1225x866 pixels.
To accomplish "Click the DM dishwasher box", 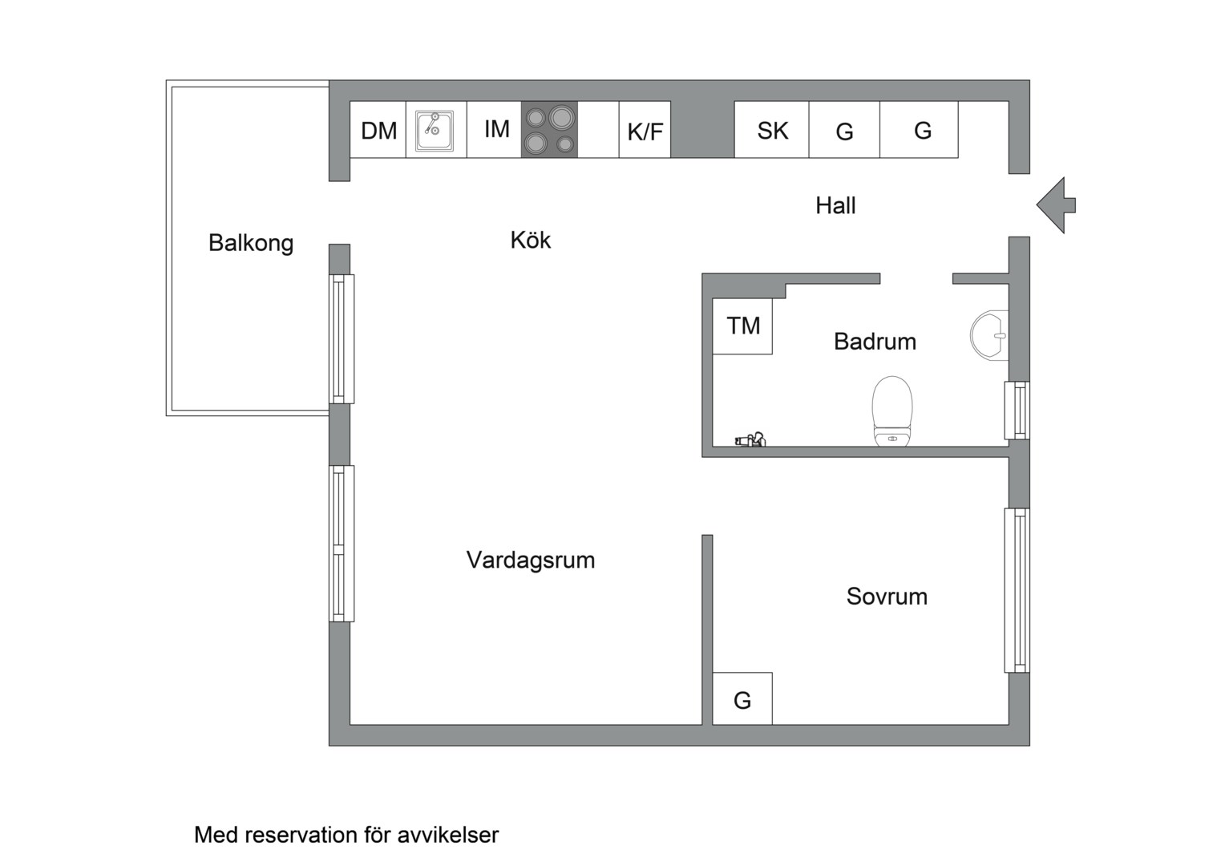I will (x=378, y=130).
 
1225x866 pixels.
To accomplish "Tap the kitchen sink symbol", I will (x=435, y=130).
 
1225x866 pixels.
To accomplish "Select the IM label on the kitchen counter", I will (x=496, y=128).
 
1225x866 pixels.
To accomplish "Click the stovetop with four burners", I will (x=549, y=130).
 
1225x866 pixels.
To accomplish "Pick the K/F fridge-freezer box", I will (x=645, y=131).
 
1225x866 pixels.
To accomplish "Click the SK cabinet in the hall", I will (x=772, y=130).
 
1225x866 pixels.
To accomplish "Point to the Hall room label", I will (x=835, y=205).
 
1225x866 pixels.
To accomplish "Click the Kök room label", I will (x=530, y=240).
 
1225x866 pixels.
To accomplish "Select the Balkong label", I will (x=250, y=242).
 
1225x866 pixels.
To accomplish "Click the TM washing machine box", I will (x=742, y=326).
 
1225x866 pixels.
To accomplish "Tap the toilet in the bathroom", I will (x=892, y=411).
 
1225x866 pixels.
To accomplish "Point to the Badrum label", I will (x=875, y=341).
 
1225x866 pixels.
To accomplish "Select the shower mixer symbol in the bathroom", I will (x=751, y=439).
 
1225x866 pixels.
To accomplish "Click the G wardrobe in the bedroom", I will (x=742, y=699).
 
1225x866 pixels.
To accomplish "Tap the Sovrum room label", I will (x=887, y=596).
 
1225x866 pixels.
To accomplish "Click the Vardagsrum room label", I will (x=530, y=559).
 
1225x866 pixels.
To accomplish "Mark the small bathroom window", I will (x=1017, y=411).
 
